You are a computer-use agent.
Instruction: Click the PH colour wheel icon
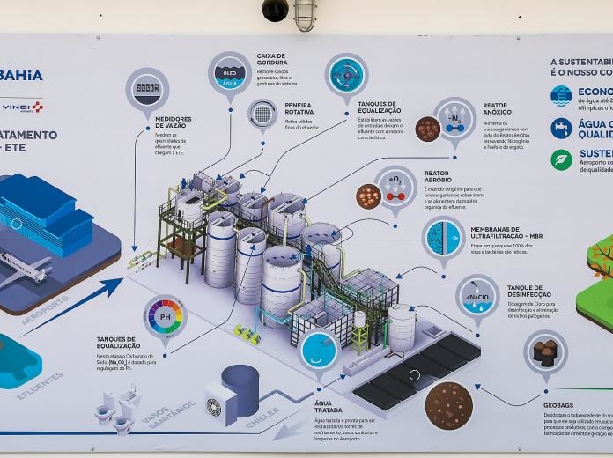pos(165,315)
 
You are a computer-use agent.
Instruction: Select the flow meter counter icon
pos(147,89)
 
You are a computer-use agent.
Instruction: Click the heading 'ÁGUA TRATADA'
pos(329,406)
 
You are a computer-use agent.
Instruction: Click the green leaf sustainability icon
pos(561,159)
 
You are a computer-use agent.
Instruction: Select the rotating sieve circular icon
pos(262,114)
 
